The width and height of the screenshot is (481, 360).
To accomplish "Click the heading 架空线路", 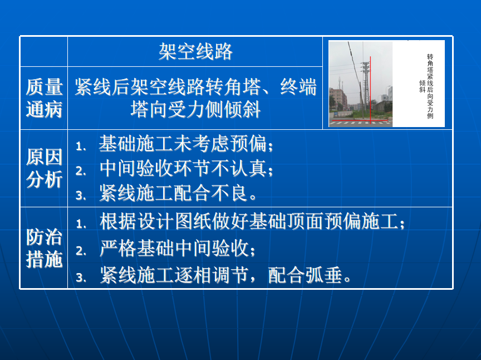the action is pyautogui.click(x=195, y=51).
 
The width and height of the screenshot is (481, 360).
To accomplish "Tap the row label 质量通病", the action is pyautogui.click(x=44, y=98).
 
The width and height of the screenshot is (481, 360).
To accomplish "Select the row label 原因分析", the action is pyautogui.click(x=44, y=168).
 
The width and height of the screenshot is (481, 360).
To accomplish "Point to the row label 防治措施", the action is pyautogui.click(x=44, y=248).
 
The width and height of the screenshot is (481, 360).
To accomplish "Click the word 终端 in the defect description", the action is pyautogui.click(x=298, y=87).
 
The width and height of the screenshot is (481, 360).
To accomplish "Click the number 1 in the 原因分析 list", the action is pyautogui.click(x=80, y=146).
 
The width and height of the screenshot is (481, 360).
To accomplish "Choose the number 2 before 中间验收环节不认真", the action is pyautogui.click(x=80, y=171).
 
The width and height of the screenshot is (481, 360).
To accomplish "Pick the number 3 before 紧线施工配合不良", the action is pyautogui.click(x=81, y=196).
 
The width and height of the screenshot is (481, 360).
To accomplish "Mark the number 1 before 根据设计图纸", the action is pyautogui.click(x=81, y=223).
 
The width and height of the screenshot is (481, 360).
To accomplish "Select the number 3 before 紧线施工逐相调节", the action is pyautogui.click(x=81, y=278).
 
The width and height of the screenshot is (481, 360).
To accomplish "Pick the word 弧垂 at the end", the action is pyautogui.click(x=323, y=275).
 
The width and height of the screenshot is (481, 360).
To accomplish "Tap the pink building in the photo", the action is pyautogui.click(x=337, y=99).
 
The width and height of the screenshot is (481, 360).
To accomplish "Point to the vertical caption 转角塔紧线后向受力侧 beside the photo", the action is pyautogui.click(x=430, y=86).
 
